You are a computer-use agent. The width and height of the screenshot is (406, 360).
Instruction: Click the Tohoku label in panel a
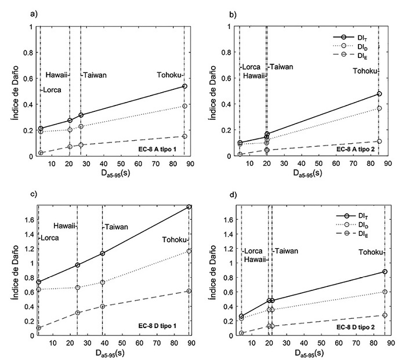[x=169, y=75]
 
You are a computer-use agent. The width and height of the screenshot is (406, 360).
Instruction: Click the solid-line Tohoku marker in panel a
[x=184, y=86]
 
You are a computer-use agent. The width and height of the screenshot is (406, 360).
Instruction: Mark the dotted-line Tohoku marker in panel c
[x=189, y=251]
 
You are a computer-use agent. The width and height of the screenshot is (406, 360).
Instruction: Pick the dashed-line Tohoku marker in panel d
[x=384, y=315]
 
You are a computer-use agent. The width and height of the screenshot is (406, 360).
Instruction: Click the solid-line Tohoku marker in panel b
[x=379, y=93]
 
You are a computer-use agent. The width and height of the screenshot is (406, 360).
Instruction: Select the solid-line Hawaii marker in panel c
[x=77, y=265]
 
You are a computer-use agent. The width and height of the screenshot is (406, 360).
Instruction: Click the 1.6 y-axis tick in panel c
[x=28, y=220]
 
